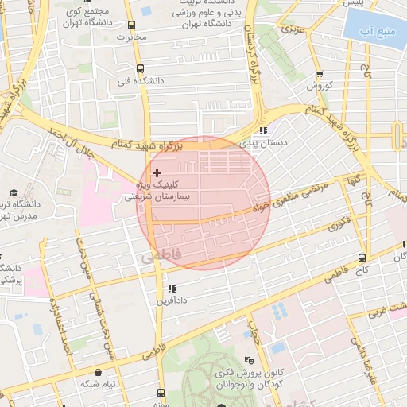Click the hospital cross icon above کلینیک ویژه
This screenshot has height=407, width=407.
click(157, 172)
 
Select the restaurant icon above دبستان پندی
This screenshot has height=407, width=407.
click(263, 131)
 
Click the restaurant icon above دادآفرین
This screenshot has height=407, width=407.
click(170, 289)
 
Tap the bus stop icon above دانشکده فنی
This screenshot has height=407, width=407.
click(141, 69)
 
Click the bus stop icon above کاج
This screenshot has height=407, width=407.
click(362, 258)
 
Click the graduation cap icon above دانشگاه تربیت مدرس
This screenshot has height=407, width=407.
click(14, 193)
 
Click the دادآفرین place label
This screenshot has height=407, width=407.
click(170, 301)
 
